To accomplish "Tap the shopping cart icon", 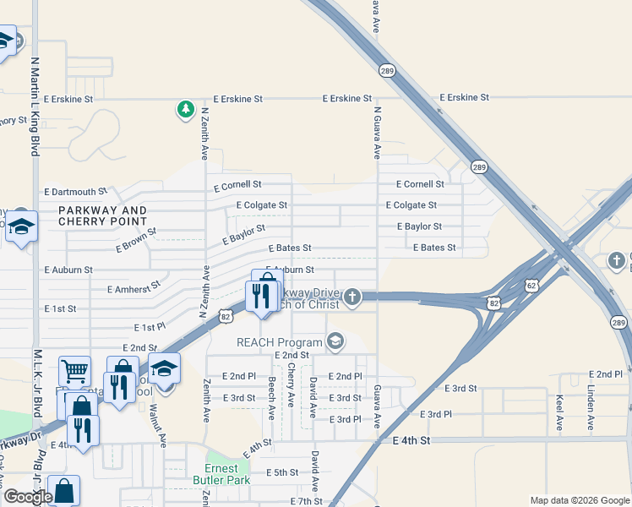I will pos(74,370).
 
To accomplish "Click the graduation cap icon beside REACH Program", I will pos(335,341).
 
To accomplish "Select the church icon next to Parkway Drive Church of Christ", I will pos(352,296).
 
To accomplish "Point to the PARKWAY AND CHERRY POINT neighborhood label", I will pos(102,216).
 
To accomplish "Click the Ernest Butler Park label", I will pos(227,474).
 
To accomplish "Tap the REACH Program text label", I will pos(279,342).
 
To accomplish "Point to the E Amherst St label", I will pos(133,287).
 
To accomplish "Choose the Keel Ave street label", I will pos(559,412).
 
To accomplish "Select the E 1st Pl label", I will pos(150,326).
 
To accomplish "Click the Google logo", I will pos(28,497).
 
